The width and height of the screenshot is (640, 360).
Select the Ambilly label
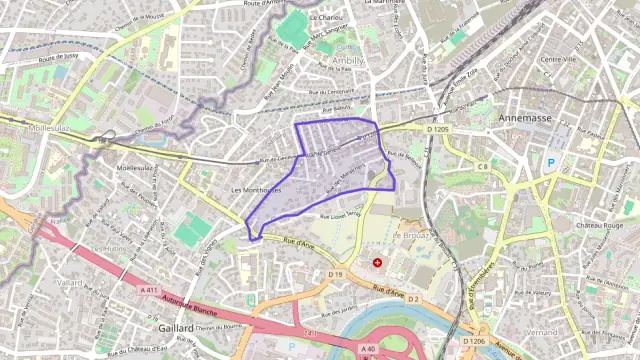coord(347,60)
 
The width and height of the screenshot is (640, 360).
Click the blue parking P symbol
coord(550,163)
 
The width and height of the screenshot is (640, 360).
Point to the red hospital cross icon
coord(377,263)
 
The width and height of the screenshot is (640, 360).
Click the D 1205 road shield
coord(438,129)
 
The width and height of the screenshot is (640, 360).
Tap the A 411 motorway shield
coord(149,289)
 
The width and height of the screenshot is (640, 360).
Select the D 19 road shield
coord(335,274)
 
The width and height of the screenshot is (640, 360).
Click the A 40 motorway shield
coord(368,348)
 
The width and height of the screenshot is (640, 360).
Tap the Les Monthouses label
coord(256,190)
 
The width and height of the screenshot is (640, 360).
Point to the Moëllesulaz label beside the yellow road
coord(47,129)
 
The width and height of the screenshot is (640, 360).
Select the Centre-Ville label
coord(558,59)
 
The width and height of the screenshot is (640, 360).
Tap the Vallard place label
coord(71,283)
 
